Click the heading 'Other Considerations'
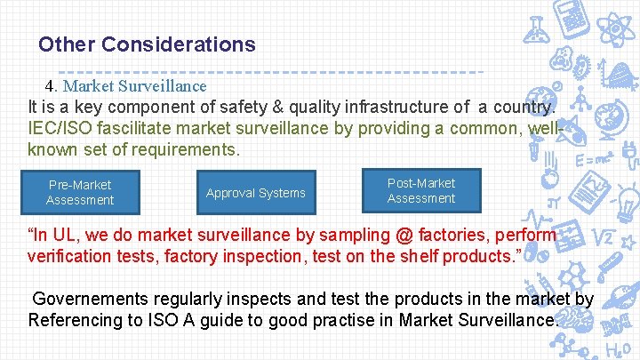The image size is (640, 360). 147,44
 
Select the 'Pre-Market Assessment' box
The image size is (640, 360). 80,192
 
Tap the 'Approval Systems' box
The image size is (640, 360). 255,193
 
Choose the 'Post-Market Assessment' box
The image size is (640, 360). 420,190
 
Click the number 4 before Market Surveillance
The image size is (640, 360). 51,86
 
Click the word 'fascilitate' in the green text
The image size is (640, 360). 129,129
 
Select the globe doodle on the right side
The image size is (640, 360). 612,120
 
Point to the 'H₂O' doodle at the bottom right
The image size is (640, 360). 617,349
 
